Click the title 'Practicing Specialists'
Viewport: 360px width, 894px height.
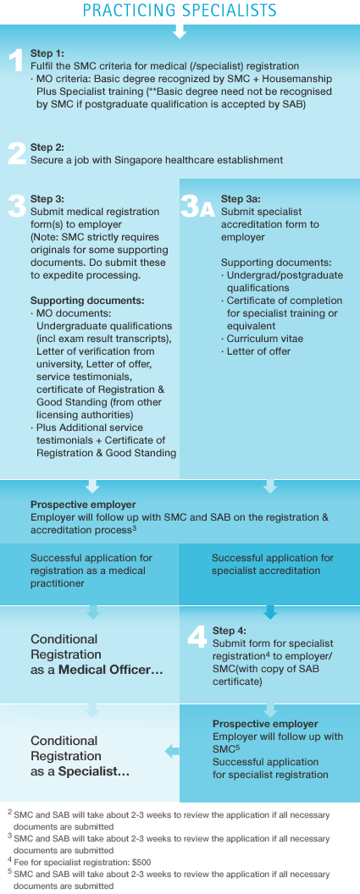click(180, 10)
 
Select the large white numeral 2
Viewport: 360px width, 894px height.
click(17, 153)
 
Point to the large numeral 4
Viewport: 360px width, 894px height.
click(197, 637)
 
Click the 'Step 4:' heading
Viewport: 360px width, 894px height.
click(230, 631)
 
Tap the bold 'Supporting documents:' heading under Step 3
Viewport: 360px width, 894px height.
click(87, 301)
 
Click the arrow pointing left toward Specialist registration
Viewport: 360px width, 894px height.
click(172, 752)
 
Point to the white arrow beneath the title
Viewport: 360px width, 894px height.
click(180, 30)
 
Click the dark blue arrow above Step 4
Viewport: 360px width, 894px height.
click(270, 612)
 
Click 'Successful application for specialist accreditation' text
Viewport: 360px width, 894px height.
click(273, 564)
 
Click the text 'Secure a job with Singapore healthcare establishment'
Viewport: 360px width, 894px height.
click(157, 160)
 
